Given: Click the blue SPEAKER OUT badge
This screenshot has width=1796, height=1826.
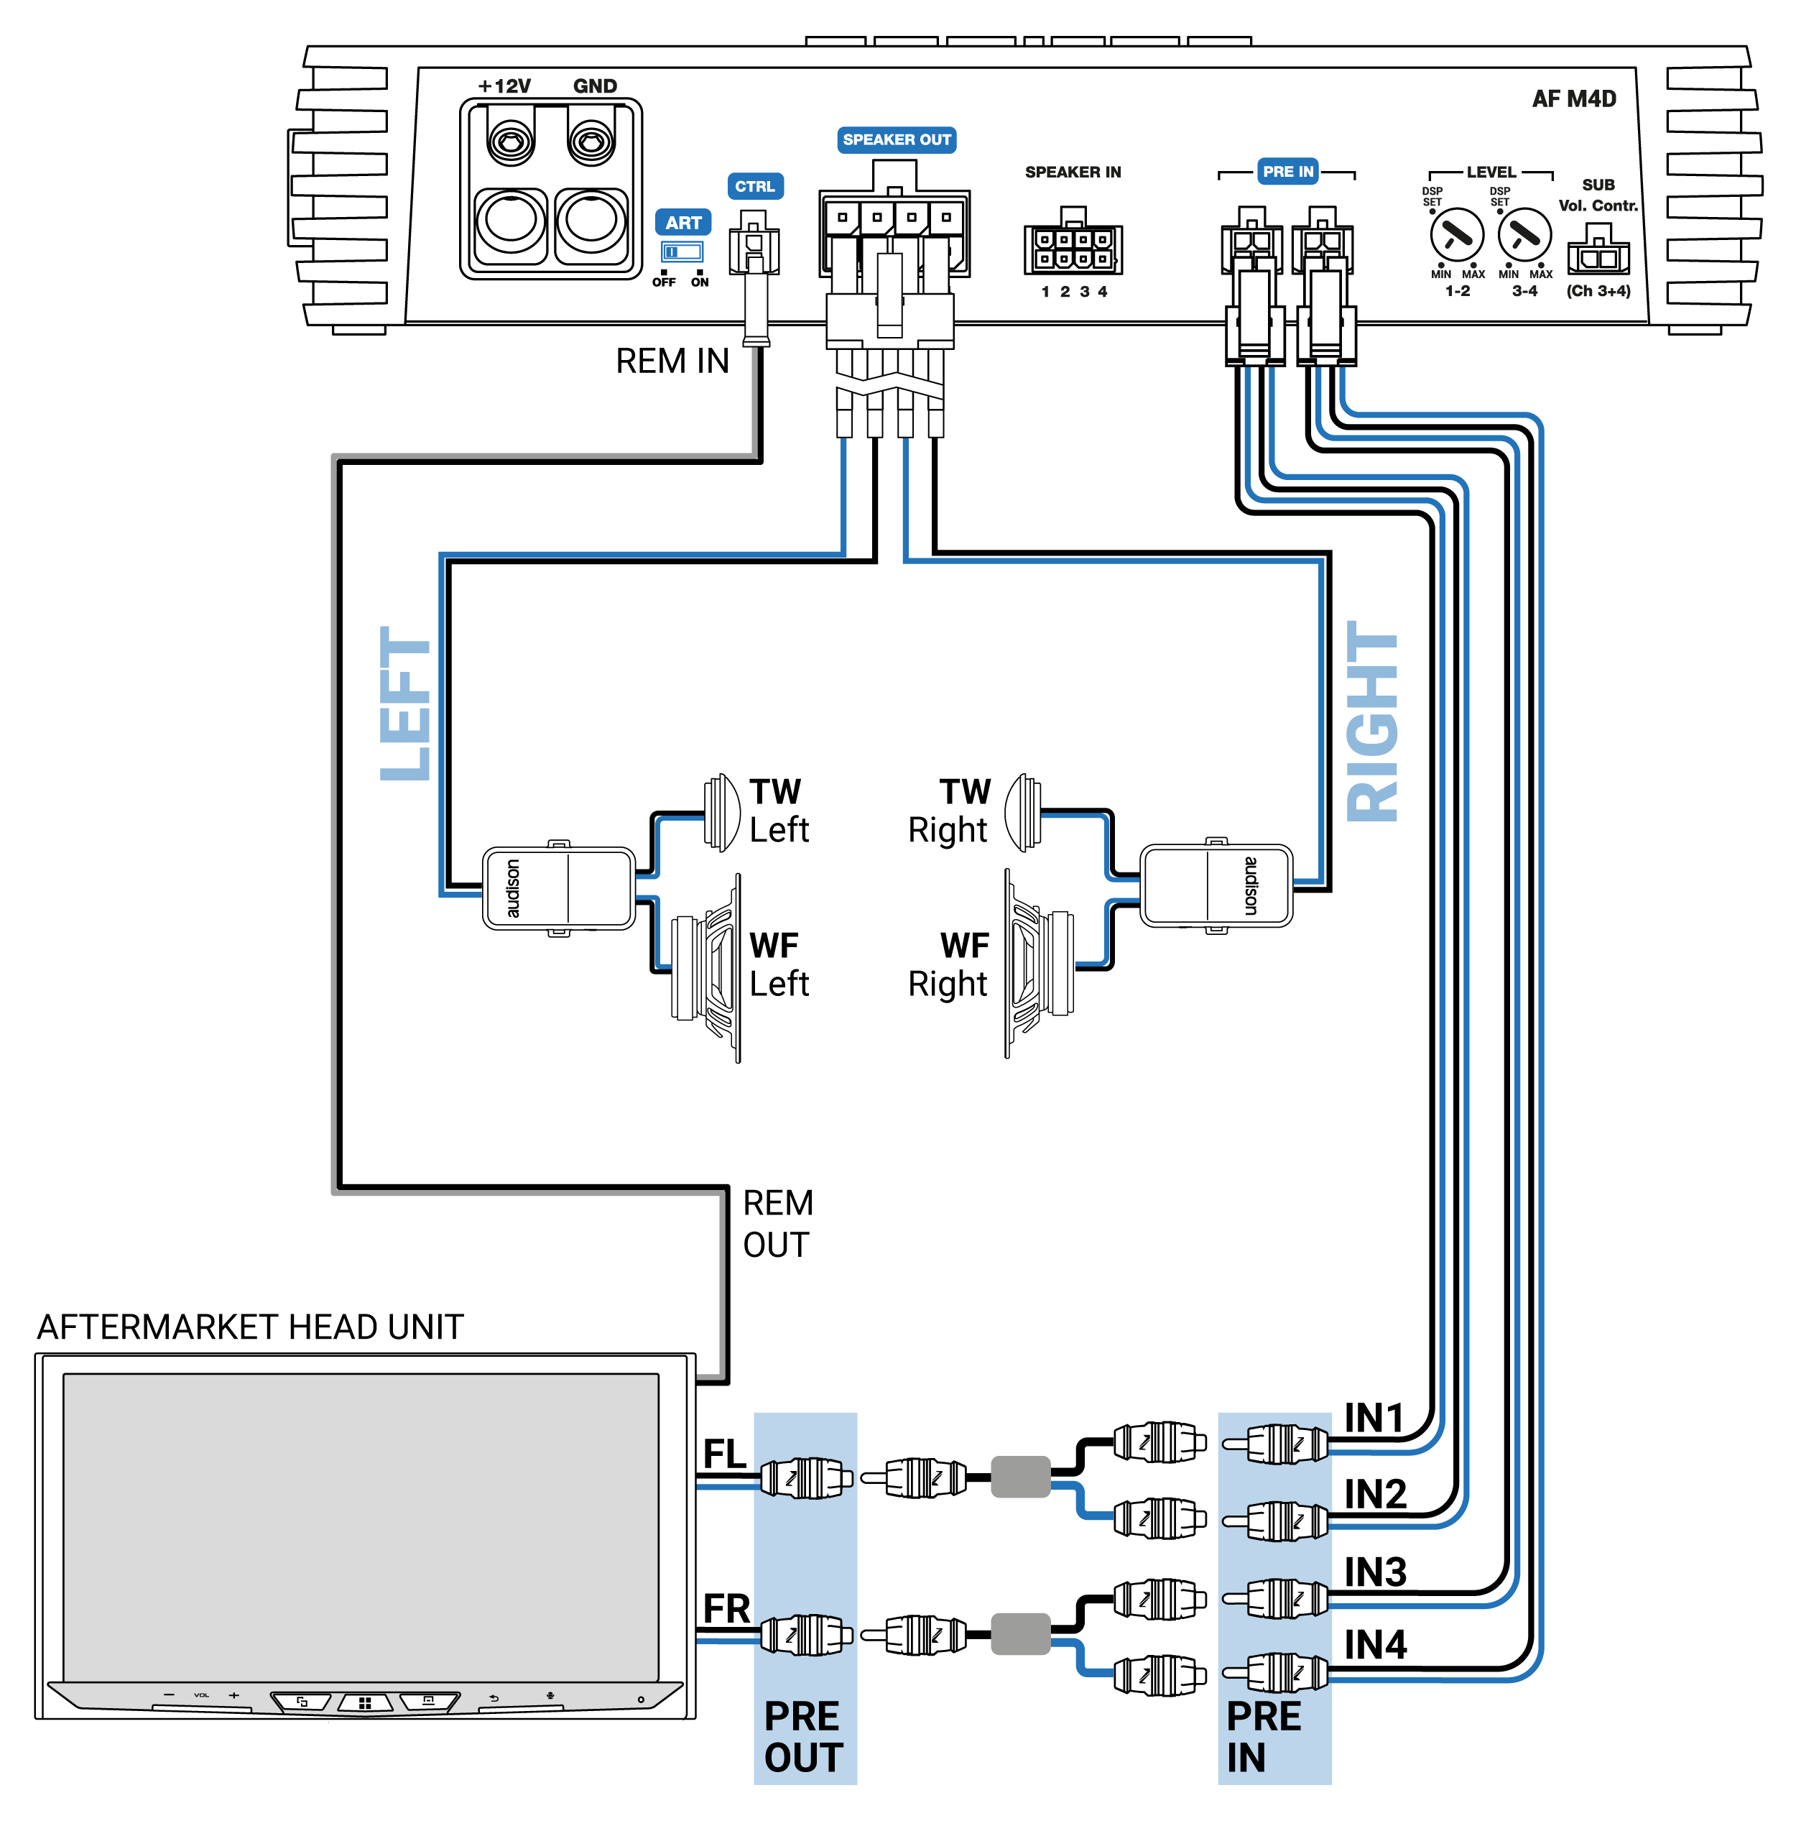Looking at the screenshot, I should tap(896, 139).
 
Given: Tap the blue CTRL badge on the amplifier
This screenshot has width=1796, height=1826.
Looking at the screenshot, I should tap(754, 186).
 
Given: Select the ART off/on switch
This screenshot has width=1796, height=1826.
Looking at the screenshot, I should tap(681, 252).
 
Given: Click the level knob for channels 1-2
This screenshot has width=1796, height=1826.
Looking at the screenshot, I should tap(1456, 235).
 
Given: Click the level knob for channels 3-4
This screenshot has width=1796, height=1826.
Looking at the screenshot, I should tap(1524, 235).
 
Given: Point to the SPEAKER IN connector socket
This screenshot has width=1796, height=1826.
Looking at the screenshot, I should tap(1073, 248).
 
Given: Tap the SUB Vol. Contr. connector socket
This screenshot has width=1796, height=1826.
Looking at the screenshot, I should tap(1597, 255).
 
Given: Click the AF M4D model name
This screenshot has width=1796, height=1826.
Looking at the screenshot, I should tap(1573, 99).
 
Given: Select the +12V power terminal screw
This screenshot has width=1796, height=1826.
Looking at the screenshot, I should tap(510, 142).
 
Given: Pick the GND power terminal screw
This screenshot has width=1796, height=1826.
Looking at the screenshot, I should tap(591, 142).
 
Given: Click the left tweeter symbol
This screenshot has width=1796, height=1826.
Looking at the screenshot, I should tap(721, 811).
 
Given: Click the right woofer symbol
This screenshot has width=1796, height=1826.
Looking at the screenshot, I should tap(1037, 962).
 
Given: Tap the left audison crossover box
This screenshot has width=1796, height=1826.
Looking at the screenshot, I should tap(558, 887).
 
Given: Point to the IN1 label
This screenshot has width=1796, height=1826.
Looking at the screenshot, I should tap(1374, 1417).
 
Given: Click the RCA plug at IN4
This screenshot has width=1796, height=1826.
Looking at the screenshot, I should tap(1275, 1673).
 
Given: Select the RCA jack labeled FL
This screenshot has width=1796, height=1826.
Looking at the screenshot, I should tap(804, 1477).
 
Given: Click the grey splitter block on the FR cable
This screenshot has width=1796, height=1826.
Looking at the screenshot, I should tap(1021, 1633).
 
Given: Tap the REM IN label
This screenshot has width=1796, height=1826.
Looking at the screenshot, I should tap(672, 361).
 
